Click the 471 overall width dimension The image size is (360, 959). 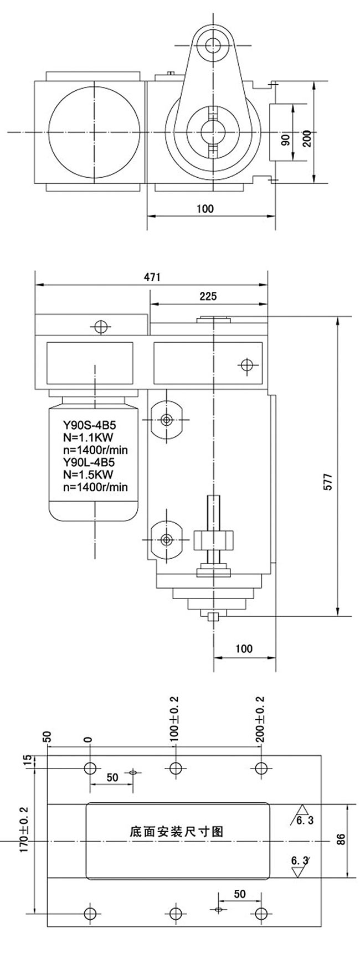(151, 277)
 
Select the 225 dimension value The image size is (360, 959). (208, 296)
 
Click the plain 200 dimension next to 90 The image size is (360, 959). (307, 137)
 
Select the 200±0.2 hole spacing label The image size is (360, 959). (260, 718)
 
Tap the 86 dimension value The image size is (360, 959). (341, 840)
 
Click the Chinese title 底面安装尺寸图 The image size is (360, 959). (176, 832)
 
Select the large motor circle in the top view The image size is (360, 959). (94, 132)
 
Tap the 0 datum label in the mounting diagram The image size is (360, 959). (88, 740)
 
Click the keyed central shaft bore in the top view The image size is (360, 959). (213, 132)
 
